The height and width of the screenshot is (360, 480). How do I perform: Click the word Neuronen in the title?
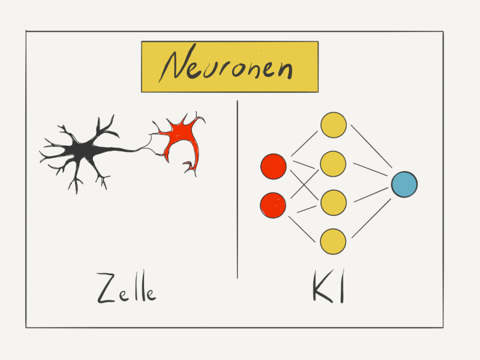point(226,64)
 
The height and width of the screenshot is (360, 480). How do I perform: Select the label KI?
point(329,286)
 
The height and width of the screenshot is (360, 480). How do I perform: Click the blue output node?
point(404,184)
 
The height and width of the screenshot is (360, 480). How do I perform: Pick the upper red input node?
point(274,166)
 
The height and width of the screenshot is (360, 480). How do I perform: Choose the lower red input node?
point(273,205)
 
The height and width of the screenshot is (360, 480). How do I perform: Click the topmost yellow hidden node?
point(334,125)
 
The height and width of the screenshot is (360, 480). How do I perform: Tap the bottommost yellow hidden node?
point(333,242)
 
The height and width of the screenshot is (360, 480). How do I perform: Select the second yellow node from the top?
point(333,164)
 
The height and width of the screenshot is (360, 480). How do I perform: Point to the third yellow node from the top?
point(333,203)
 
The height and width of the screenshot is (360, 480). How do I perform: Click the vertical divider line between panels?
point(237,189)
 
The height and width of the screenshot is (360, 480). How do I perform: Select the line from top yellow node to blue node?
point(371,146)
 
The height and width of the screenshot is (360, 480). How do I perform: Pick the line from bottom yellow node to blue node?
point(371,218)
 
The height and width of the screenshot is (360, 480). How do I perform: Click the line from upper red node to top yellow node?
point(305,143)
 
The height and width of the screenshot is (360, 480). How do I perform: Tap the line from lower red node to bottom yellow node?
point(302,229)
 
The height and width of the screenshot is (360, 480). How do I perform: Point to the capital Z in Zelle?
point(106,288)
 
